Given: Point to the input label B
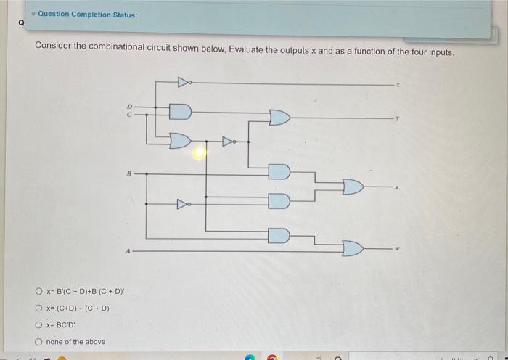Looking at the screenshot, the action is point(128,174).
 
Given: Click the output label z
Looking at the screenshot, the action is point(397,85).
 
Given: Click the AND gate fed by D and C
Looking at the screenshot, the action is point(180,112).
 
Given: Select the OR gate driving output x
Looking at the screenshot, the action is point(353,187).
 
